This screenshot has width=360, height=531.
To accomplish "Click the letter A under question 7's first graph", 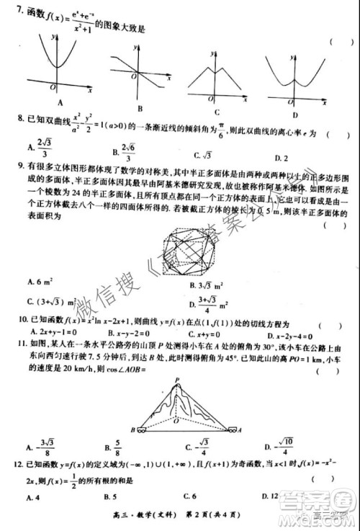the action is pos(50,102).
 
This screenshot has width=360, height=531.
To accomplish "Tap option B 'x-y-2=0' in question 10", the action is pos(122,335).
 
